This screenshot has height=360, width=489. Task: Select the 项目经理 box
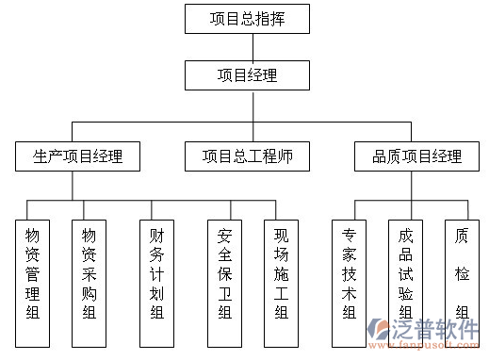coord(247,74)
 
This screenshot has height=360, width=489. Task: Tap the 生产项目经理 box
coord(78,156)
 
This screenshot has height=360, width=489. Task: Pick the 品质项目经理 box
coord(416,156)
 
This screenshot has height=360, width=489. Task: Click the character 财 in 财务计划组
coord(156,235)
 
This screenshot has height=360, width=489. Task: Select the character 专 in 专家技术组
coord(349,235)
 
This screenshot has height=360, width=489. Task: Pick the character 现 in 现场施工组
coord(280,235)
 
